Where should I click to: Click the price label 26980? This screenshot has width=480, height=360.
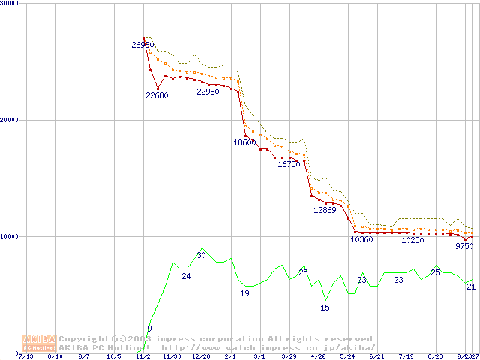coord(142,46)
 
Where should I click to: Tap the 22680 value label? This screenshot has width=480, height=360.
coord(157,95)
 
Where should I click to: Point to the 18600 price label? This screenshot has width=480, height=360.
coord(244,142)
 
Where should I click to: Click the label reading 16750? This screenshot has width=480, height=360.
coord(289,164)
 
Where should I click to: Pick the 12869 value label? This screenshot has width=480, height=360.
coord(325,211)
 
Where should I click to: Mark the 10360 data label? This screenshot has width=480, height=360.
coord(361,240)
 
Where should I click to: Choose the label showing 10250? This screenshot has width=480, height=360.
coord(412,241)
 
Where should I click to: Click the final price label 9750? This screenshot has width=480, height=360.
coord(464,246)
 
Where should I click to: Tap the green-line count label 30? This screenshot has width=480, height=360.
coord(201,256)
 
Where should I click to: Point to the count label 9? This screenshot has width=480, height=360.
coord(149,328)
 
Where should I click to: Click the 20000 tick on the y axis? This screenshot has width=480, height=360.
coord(11,120)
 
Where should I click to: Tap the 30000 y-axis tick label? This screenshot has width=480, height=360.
coord(11,4)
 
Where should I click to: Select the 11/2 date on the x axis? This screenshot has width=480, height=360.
coord(142,357)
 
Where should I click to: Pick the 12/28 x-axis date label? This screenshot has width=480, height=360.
coord(201,357)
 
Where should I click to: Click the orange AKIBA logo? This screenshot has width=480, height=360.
coord(38,343)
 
